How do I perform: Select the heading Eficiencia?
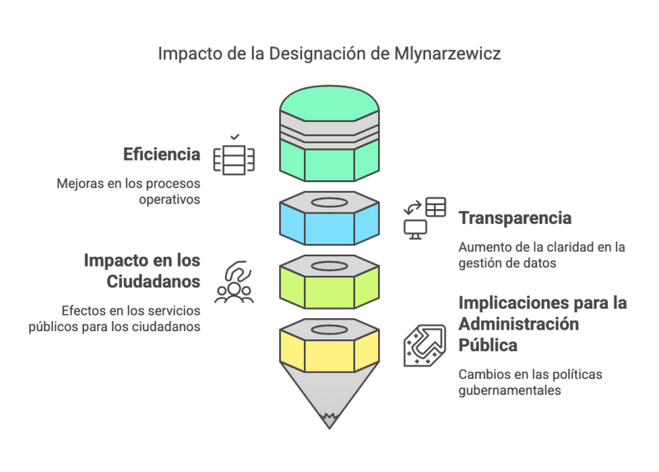point(161,154)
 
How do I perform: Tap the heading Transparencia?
point(515,218)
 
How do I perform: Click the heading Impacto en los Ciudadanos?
point(142,271)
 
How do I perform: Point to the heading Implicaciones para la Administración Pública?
point(542,323)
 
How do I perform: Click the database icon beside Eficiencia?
point(234,157)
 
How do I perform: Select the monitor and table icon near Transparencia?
point(424,217)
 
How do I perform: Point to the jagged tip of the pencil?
point(329,421)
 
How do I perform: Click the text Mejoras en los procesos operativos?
point(129,191)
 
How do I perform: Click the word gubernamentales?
point(510,390)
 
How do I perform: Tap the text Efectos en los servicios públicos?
point(131,318)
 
